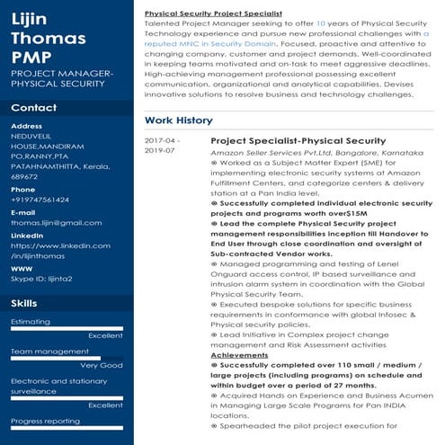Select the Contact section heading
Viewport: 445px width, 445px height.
click(x=33, y=108)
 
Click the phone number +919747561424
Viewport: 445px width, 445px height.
click(x=40, y=200)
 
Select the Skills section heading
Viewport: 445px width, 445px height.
click(x=24, y=304)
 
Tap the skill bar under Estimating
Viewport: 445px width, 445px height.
click(x=67, y=328)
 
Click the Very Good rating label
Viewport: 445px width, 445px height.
click(x=101, y=365)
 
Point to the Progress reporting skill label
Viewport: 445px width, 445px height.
click(x=45, y=421)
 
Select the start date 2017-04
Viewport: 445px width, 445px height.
click(x=162, y=141)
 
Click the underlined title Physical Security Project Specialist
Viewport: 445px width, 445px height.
click(x=213, y=15)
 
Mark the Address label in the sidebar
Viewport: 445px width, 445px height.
click(x=26, y=126)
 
